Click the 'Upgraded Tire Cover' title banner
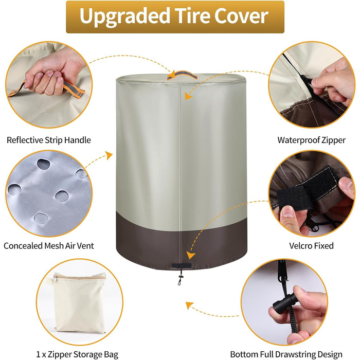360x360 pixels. [x=175, y=17]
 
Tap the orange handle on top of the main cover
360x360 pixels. [x=182, y=74]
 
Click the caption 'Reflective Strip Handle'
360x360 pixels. [x=49, y=140]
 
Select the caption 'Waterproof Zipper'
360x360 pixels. [x=311, y=140]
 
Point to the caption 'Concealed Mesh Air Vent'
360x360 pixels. [x=49, y=246]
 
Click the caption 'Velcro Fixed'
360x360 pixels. [x=311, y=246]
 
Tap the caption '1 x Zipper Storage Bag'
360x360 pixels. [x=77, y=354]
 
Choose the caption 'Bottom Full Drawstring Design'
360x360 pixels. [x=286, y=354]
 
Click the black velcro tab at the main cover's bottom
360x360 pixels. [x=181, y=265]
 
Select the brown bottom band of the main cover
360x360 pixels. [x=182, y=246]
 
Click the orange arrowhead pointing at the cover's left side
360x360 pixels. [x=109, y=155]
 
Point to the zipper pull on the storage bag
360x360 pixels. [x=55, y=278]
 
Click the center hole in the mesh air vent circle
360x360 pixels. [x=62, y=196]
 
